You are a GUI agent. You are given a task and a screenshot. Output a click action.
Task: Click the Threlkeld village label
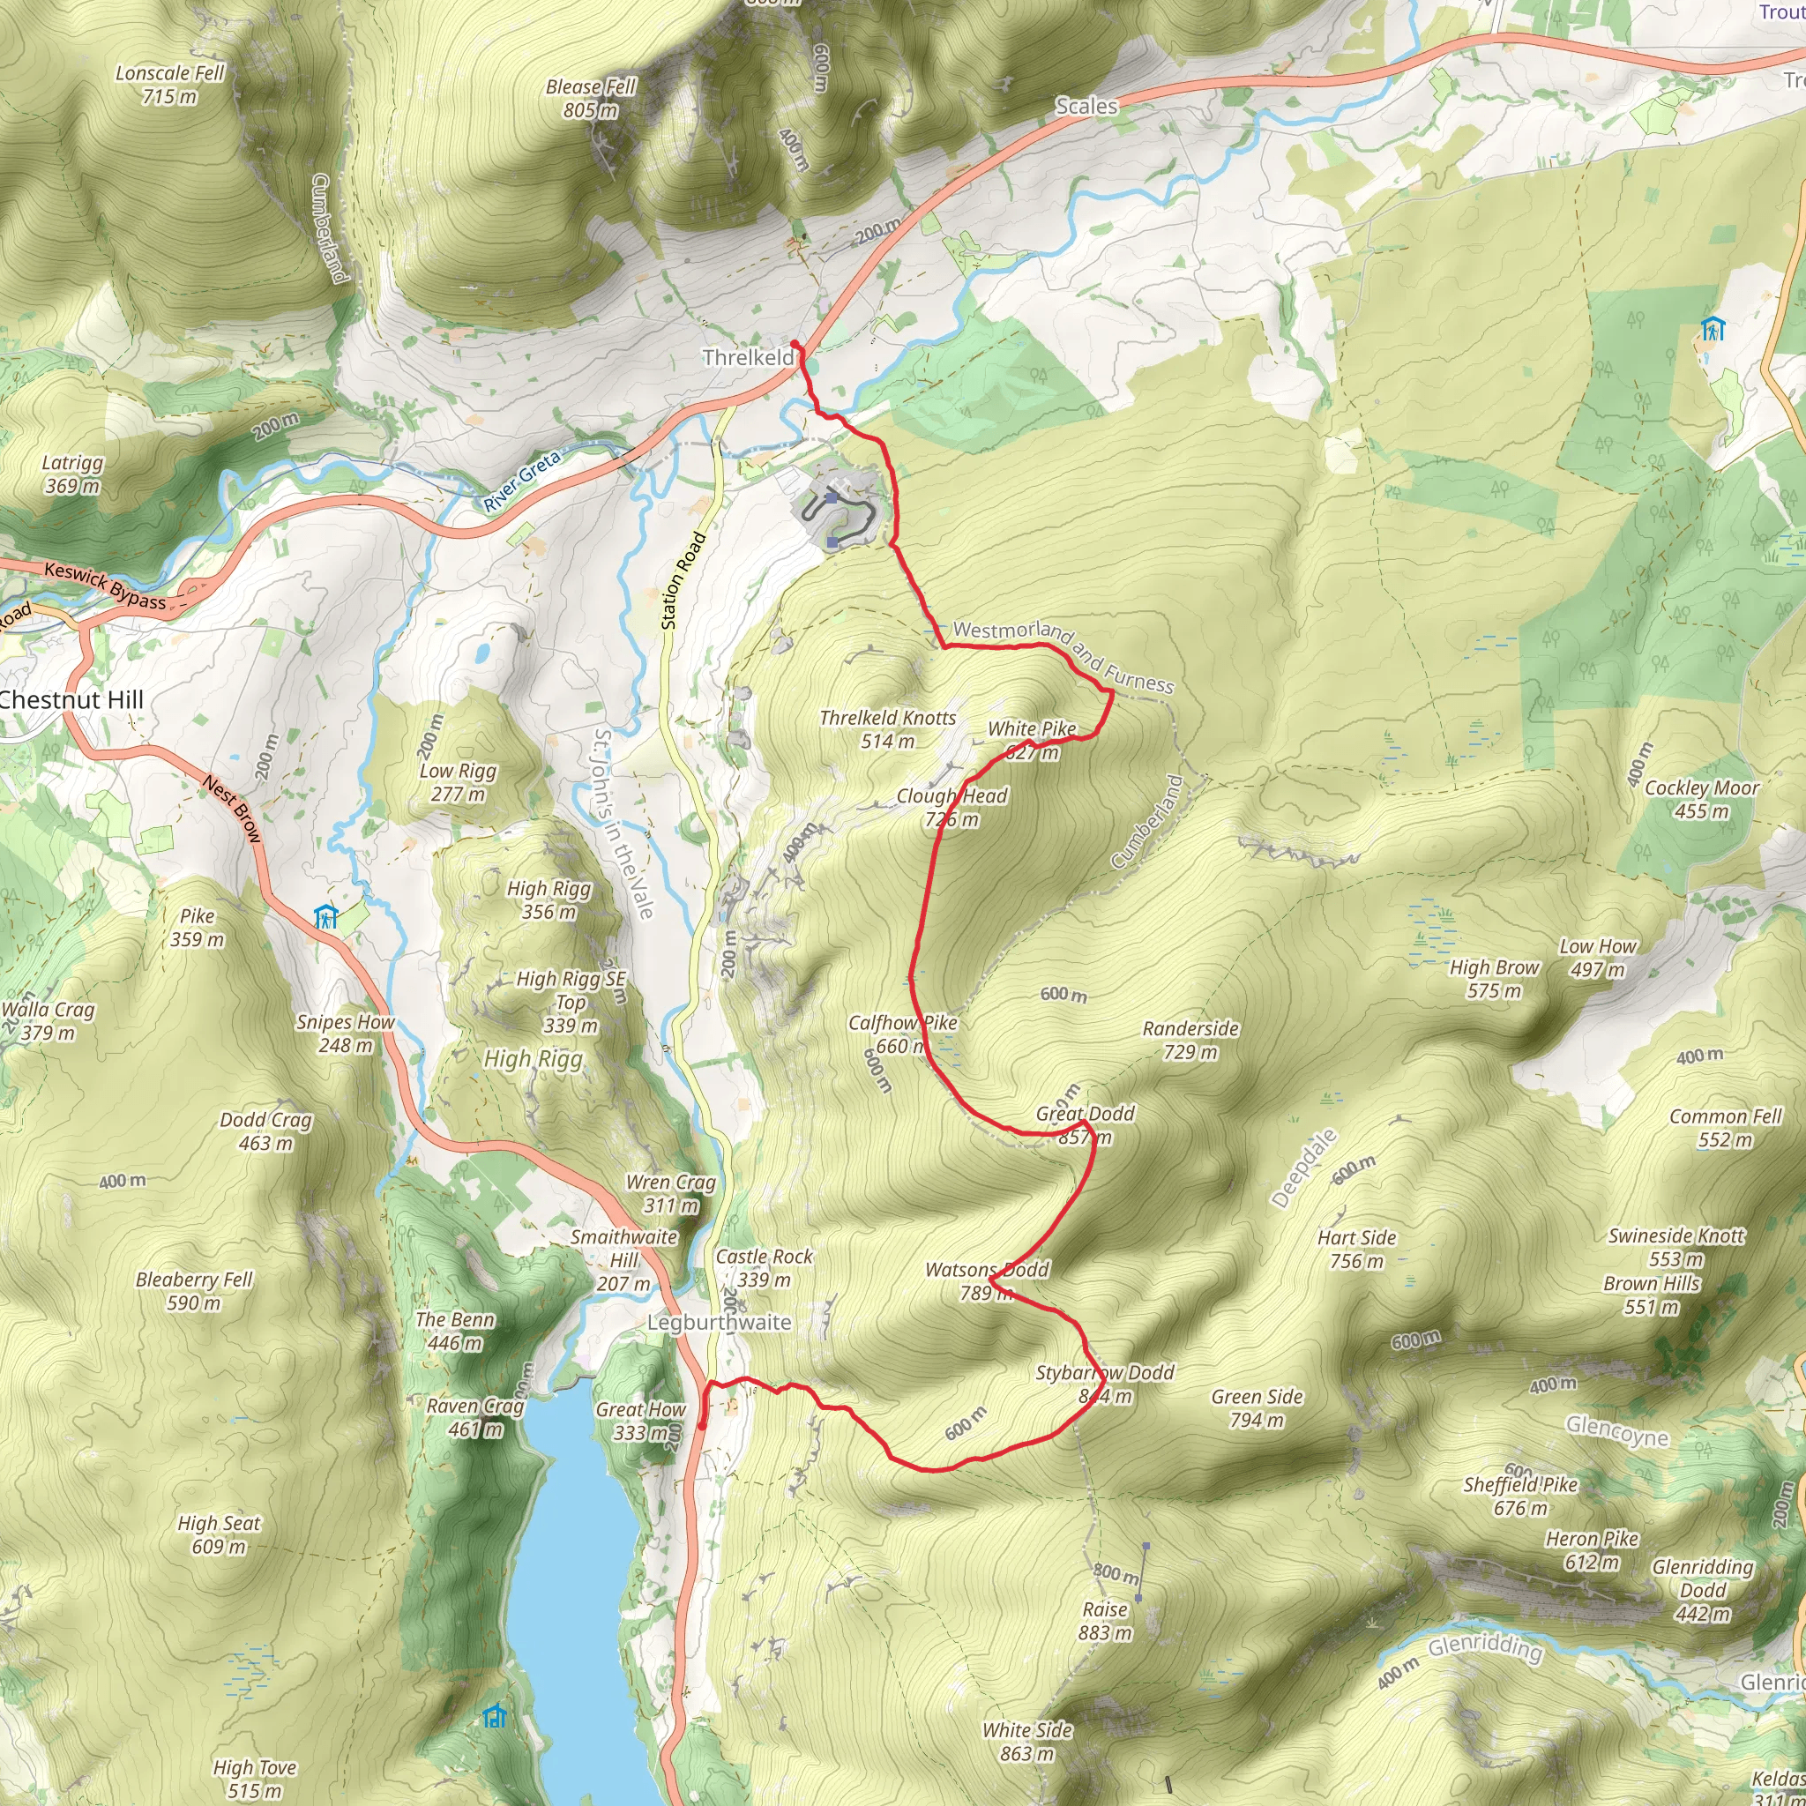[x=748, y=357]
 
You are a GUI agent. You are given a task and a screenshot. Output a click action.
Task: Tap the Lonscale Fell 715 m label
[x=170, y=84]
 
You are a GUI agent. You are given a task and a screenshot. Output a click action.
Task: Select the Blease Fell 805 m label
[x=591, y=98]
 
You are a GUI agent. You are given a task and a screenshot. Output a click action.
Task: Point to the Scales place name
[x=1086, y=107]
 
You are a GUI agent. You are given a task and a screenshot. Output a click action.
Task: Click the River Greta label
[x=522, y=481]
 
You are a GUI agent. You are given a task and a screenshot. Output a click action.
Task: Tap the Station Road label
[x=683, y=580]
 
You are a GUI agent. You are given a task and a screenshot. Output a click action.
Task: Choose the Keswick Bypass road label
[x=105, y=586]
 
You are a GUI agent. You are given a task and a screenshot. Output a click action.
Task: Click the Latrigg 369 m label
[x=73, y=474]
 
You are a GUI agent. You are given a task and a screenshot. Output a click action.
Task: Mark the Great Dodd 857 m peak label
[x=1086, y=1125]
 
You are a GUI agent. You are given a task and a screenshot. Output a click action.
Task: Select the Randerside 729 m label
[x=1190, y=1041]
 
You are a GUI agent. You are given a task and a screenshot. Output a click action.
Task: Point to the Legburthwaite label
[x=720, y=1323]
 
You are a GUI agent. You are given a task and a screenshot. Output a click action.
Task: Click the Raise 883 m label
[x=1105, y=1621]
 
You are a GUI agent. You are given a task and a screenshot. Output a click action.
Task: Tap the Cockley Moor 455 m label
[x=1702, y=799]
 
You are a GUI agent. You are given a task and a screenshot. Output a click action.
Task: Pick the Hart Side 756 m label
[x=1357, y=1249]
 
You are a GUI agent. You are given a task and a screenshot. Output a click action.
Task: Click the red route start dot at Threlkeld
[x=795, y=344]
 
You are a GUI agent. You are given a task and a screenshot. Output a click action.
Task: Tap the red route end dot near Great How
[x=702, y=1427]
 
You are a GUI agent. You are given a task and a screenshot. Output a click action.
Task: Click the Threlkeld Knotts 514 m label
[x=888, y=729]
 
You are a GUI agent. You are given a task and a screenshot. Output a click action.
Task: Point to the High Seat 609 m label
[x=220, y=1535]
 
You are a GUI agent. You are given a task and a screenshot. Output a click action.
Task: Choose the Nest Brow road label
[x=232, y=810]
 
